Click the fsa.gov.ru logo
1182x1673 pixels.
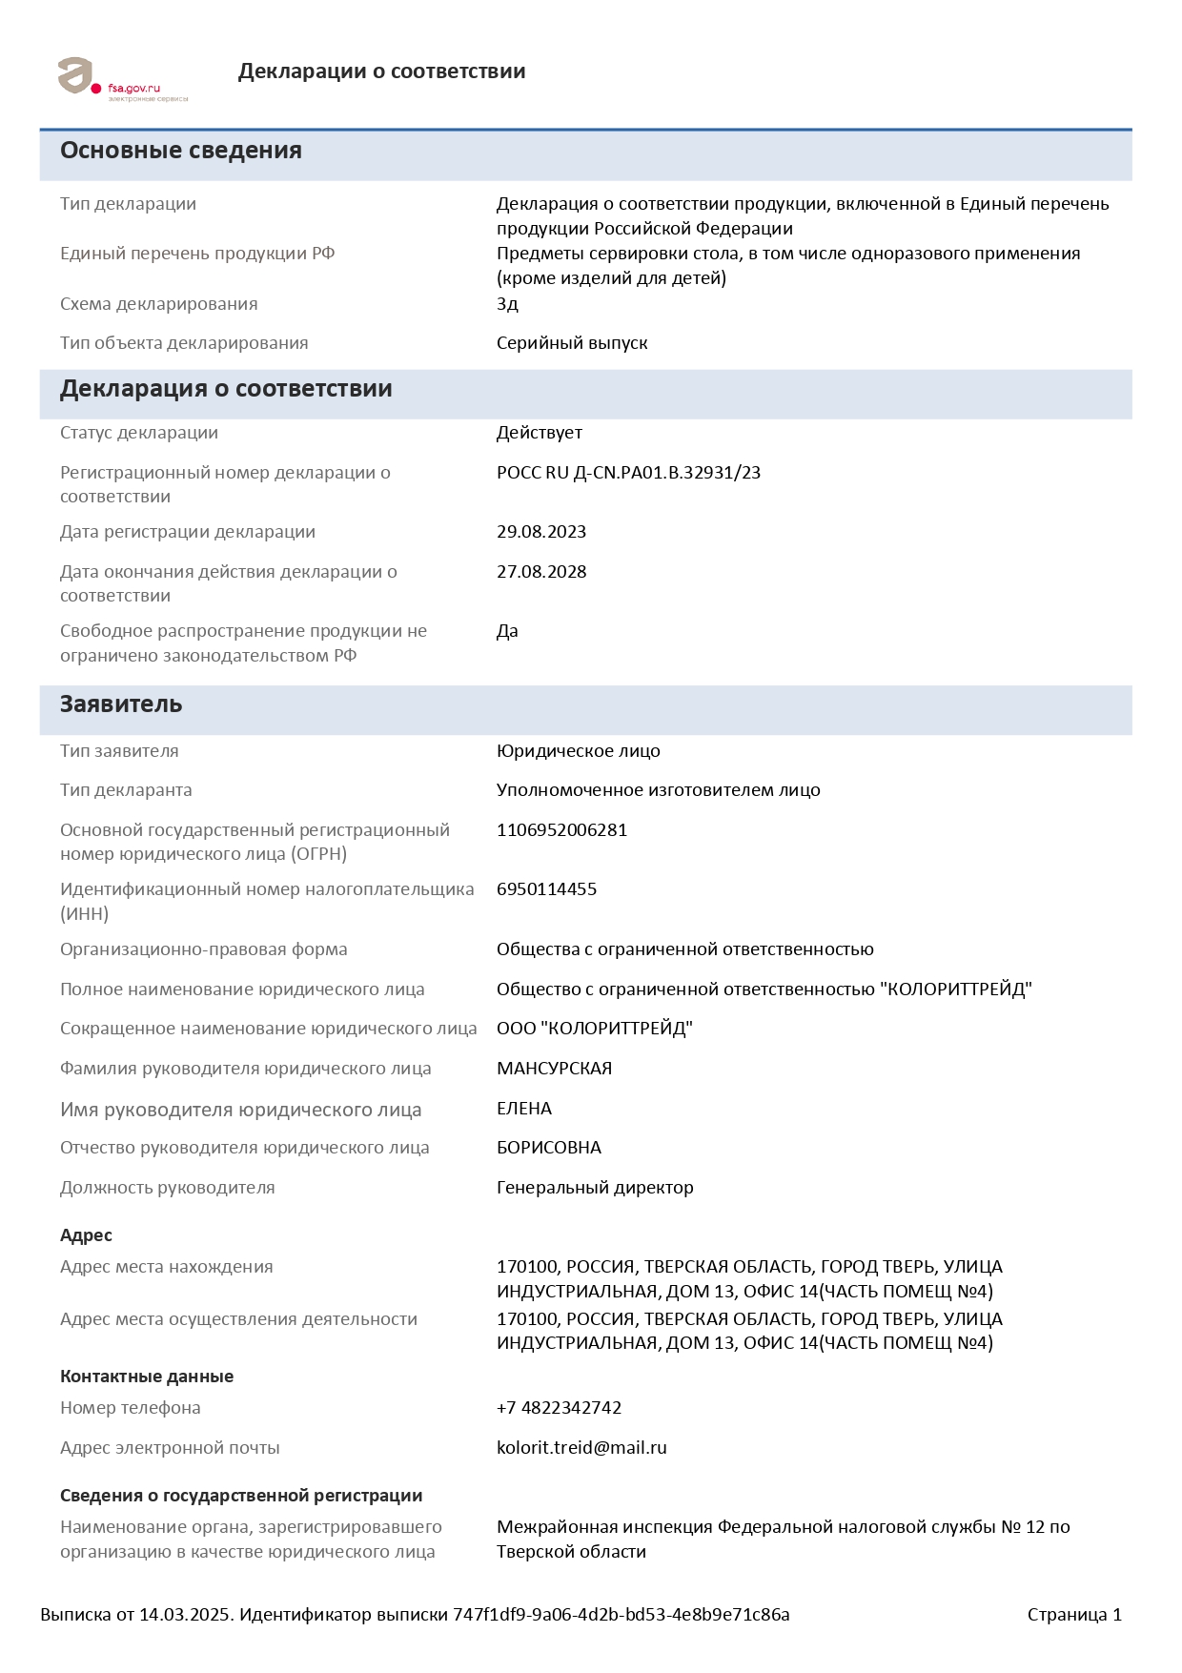point(122,78)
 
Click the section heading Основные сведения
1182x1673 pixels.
point(181,151)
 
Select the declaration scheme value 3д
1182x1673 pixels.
point(507,304)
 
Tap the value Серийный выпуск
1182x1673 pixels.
point(572,343)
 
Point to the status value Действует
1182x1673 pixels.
point(540,433)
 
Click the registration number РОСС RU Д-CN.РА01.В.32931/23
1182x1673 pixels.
point(628,473)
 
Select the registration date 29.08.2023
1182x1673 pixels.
point(541,532)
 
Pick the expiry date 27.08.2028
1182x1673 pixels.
point(541,572)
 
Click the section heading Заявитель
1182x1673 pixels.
point(121,704)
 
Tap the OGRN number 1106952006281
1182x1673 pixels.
point(561,830)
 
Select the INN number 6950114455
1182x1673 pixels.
point(546,889)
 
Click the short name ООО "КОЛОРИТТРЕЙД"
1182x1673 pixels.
point(594,1029)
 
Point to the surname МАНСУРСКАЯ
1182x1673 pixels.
point(554,1069)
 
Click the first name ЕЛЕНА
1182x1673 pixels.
point(524,1109)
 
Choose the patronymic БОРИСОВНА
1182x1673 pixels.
point(549,1148)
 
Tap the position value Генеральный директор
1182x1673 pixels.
point(595,1188)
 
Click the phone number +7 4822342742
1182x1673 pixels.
point(559,1408)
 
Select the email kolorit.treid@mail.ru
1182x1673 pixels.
point(581,1448)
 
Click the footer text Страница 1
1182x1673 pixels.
point(1074,1615)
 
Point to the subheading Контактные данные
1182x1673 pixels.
point(147,1377)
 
